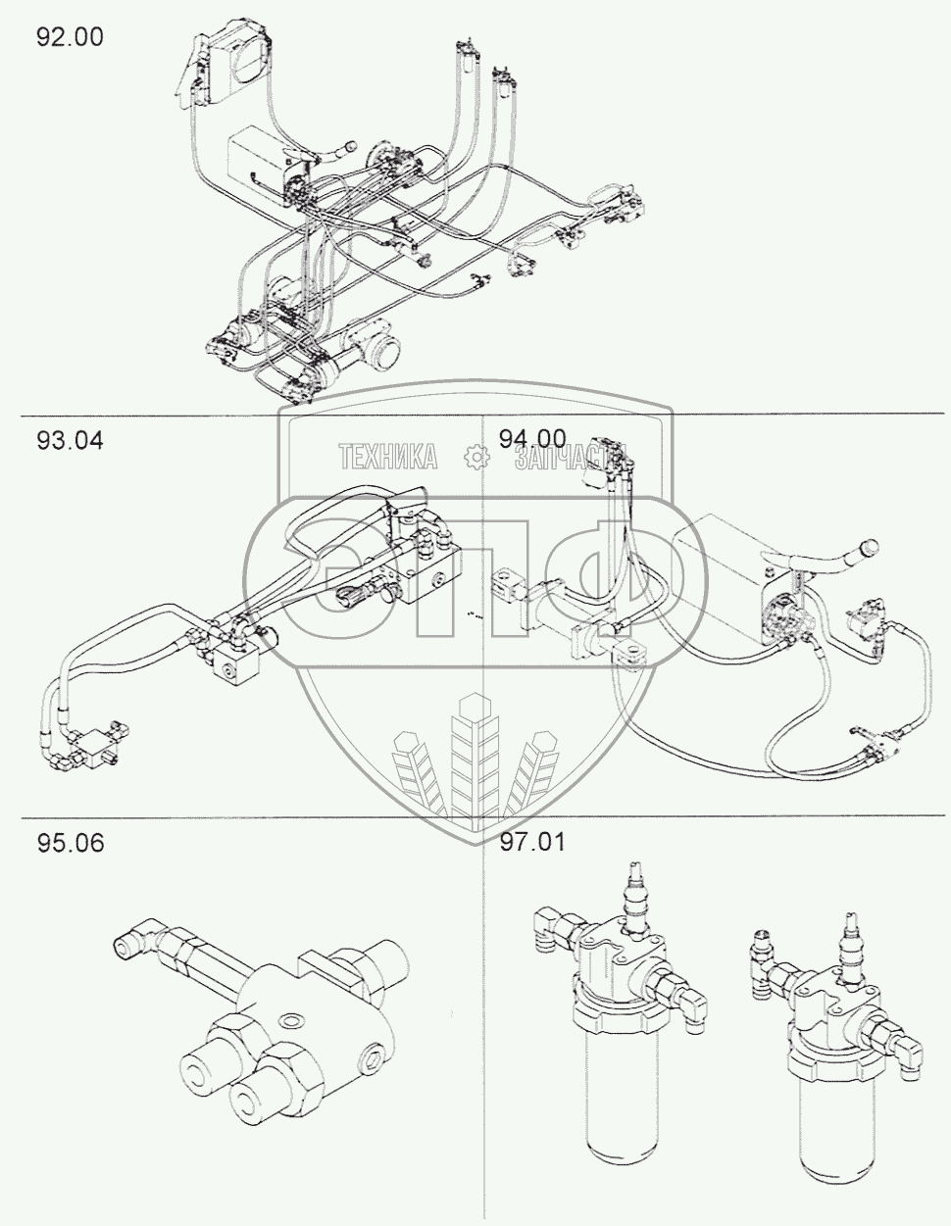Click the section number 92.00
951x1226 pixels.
tap(70, 37)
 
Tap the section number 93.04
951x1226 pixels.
tap(70, 441)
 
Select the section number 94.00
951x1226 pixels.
tap(532, 439)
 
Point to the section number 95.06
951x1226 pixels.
tap(71, 843)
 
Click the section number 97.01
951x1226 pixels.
tap(532, 843)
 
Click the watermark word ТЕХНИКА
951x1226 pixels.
tap(388, 457)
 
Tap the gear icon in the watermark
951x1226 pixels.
tap(476, 457)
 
